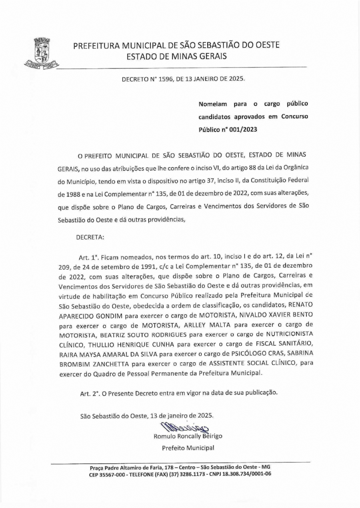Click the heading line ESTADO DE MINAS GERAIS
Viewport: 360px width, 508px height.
tap(176, 56)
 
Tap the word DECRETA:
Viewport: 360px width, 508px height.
tap(90, 237)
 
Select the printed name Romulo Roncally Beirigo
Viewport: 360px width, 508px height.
tap(188, 436)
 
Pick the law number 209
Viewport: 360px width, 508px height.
tap(64, 266)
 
